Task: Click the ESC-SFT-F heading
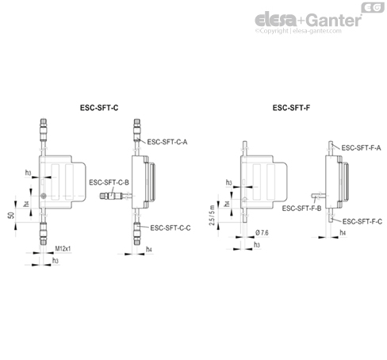pos(291,106)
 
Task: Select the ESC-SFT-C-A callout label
pos(168,143)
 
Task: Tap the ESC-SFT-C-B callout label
pos(109,182)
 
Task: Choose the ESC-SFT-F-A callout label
pos(362,148)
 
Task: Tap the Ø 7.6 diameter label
pos(265,232)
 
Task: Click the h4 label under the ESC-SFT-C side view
pos(150,248)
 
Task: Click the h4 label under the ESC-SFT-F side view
pos(343,232)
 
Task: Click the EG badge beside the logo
pos(371,7)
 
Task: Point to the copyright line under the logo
pos(316,33)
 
